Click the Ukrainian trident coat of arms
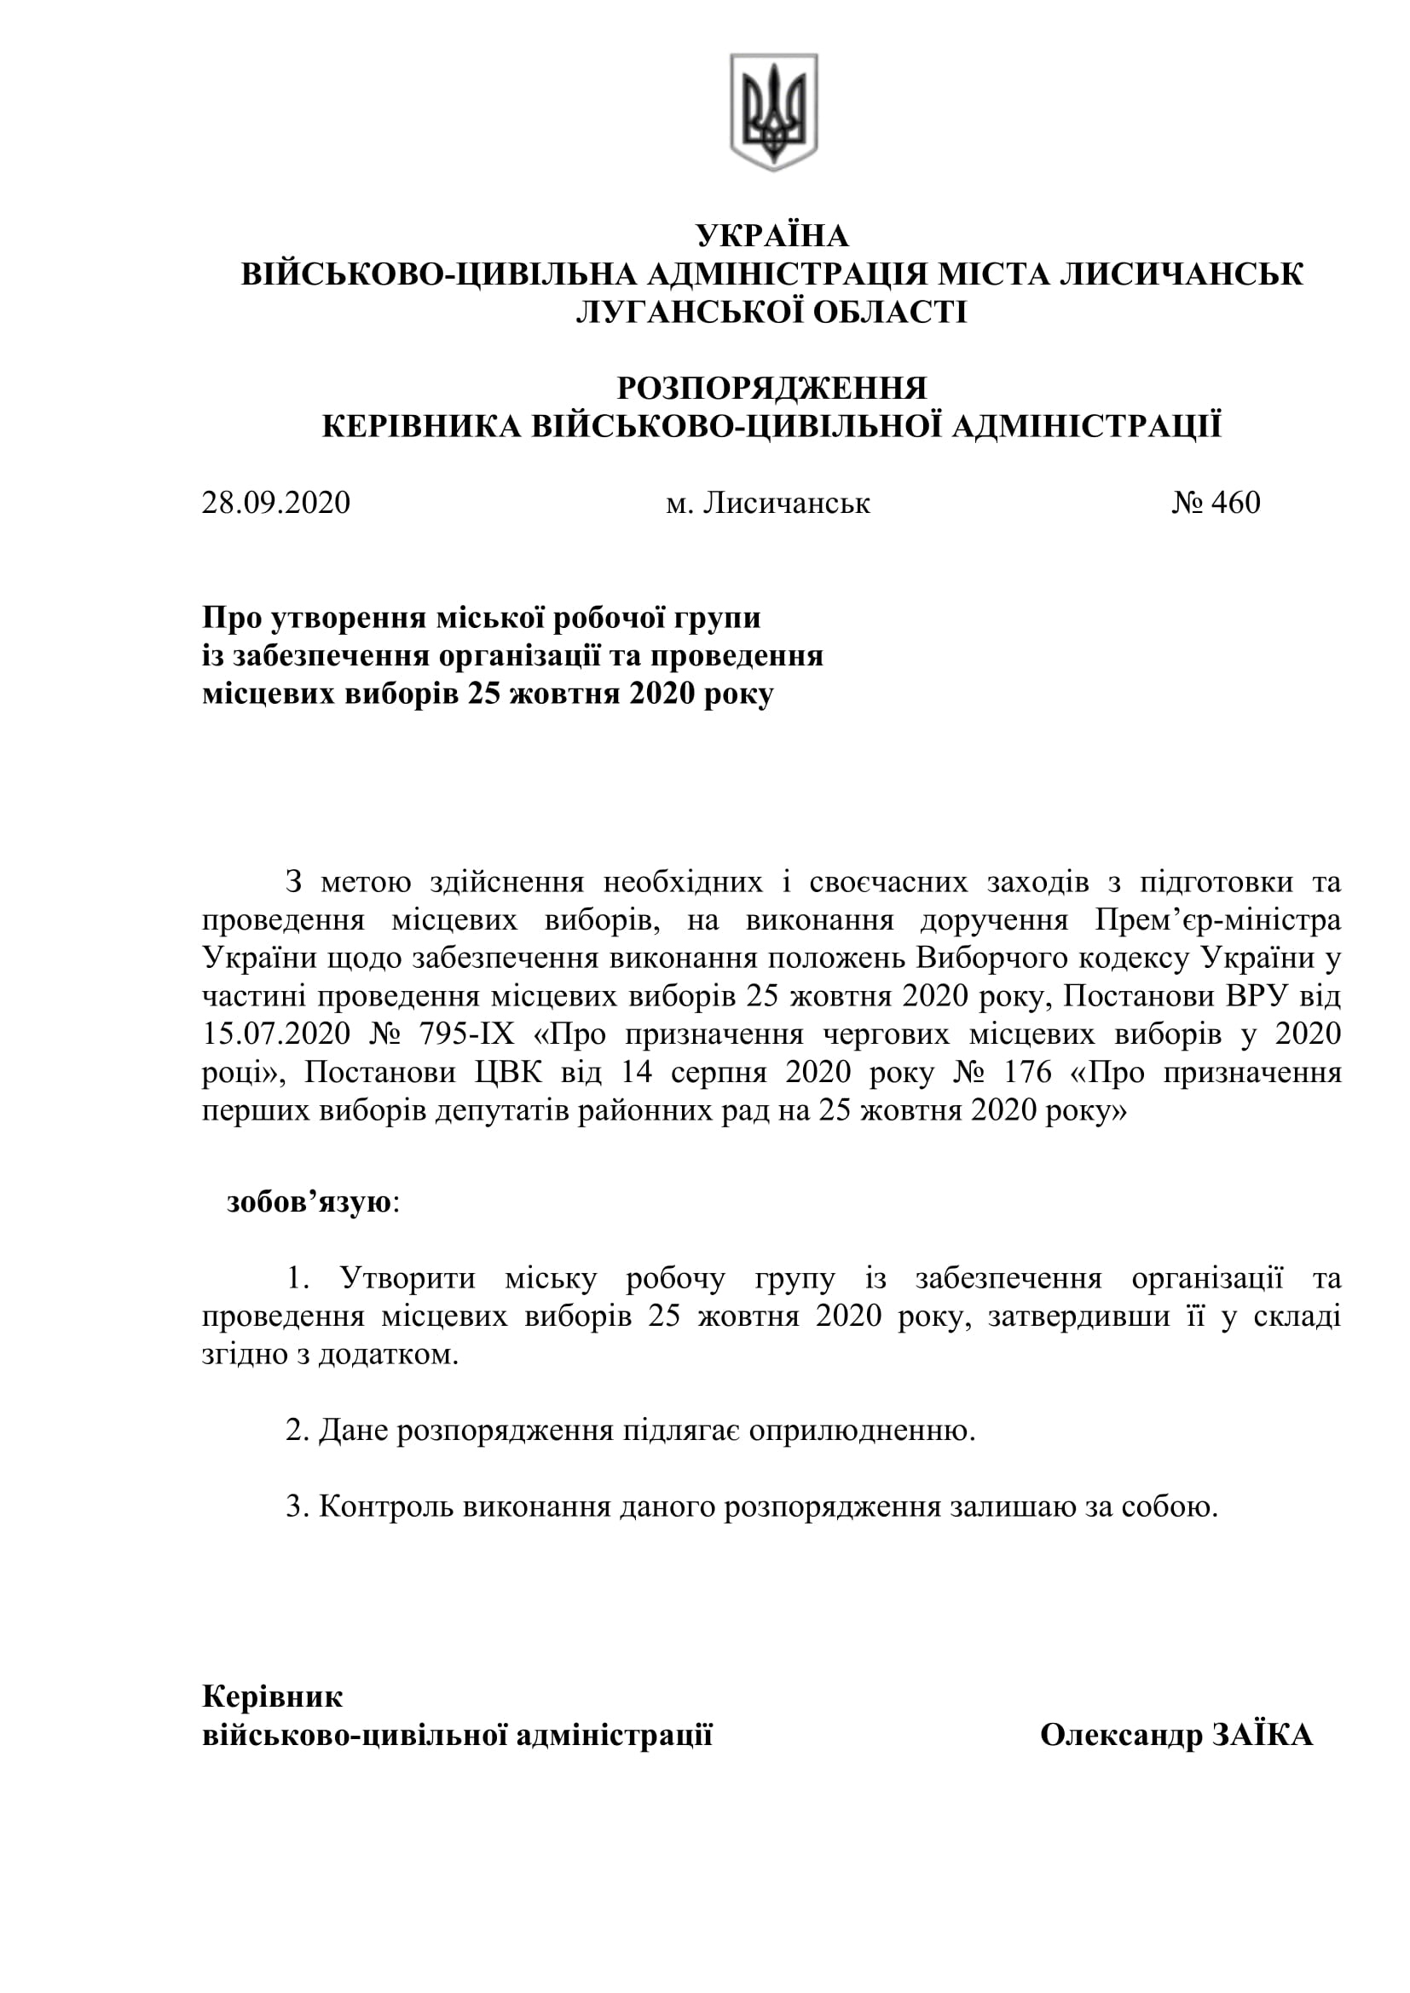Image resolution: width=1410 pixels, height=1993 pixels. tap(772, 111)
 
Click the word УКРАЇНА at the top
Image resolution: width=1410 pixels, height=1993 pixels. tap(771, 236)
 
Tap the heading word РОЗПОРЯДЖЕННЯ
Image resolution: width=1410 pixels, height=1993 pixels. tap(771, 388)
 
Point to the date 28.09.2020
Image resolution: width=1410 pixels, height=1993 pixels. tap(276, 503)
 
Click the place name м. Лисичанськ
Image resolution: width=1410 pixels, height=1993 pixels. tap(767, 503)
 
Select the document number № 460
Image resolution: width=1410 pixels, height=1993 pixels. tap(1216, 503)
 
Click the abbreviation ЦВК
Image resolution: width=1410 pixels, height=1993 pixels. tap(508, 1073)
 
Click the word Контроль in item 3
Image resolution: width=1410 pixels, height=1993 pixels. tap(386, 1506)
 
